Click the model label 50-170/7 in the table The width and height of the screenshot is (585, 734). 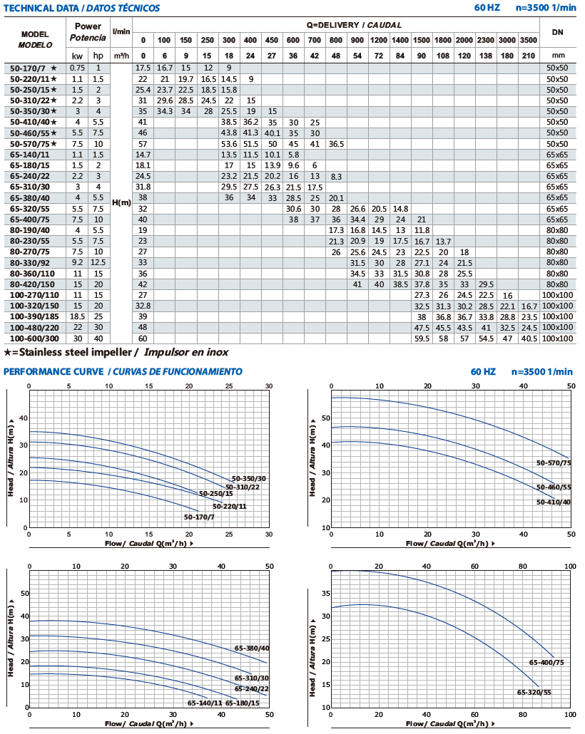(x=28, y=68)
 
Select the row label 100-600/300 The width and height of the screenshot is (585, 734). (x=35, y=338)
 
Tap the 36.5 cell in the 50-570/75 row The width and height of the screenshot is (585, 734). (x=336, y=144)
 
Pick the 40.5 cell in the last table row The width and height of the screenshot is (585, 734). (x=529, y=338)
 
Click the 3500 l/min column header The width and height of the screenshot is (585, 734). (x=529, y=40)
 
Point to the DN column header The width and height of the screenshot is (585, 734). (x=557, y=32)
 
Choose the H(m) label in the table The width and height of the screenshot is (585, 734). (x=121, y=202)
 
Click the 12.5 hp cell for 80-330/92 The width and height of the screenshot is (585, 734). (x=98, y=263)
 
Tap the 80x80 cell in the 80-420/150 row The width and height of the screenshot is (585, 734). (x=557, y=284)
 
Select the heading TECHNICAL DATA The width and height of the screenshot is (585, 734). (x=41, y=8)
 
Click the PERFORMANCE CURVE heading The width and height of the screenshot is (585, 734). (x=54, y=372)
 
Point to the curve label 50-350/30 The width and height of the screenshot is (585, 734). (x=249, y=479)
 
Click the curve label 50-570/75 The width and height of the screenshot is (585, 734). (x=554, y=463)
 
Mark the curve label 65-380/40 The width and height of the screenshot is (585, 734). (x=252, y=648)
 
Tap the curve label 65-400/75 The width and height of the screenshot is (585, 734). (x=546, y=662)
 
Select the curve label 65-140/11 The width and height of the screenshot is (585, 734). (x=205, y=703)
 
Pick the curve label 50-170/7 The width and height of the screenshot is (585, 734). (x=199, y=517)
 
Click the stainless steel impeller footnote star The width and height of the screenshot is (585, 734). (x=8, y=353)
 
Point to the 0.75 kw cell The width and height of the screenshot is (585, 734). (x=77, y=68)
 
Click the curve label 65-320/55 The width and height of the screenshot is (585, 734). (x=534, y=693)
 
